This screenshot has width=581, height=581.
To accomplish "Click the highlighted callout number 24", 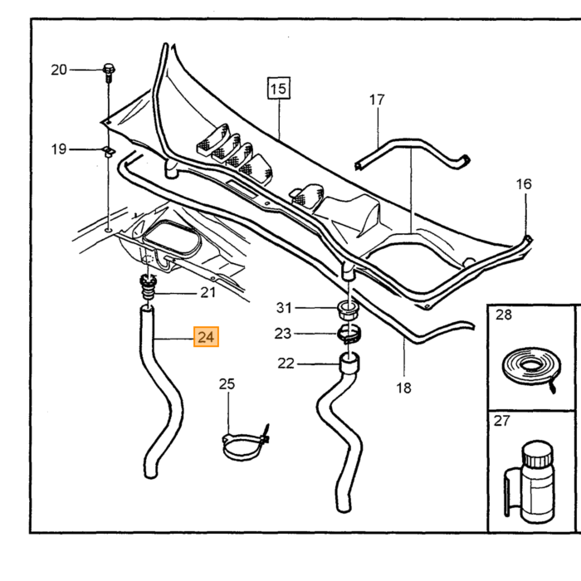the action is coord(206,337).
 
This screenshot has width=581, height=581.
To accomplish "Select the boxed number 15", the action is coord(279,88).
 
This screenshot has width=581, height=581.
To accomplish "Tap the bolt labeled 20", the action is coord(109,73).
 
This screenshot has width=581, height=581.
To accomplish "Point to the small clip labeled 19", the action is coord(109,151).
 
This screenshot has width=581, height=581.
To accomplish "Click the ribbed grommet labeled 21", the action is coord(148,287).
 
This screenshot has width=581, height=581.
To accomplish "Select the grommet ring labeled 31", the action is coord(347,310).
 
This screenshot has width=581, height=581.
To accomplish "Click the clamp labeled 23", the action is coord(349,334).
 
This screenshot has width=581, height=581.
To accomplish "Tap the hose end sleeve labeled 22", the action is coord(349,363).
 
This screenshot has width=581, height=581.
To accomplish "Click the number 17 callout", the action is coord(377,100).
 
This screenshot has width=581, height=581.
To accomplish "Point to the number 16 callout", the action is coord(524,184).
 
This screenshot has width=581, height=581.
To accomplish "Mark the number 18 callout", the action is coord(403,388).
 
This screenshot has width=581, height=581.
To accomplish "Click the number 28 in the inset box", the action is coord(504,315).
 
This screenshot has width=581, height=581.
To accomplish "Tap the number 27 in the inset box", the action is coord(501,421).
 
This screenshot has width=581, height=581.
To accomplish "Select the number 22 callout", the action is coord(286,364).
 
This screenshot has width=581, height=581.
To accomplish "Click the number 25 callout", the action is coord(227,383).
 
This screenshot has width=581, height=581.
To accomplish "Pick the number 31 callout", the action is coord(284,308).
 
